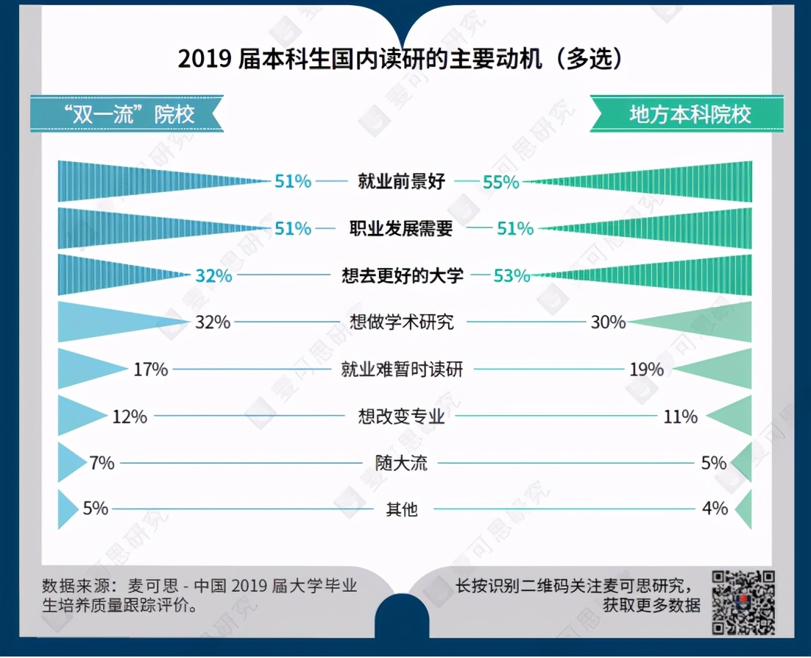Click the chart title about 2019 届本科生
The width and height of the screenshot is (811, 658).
[400, 60]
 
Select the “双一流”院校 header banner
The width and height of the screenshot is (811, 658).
[126, 115]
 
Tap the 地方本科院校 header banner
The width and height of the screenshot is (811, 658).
[689, 115]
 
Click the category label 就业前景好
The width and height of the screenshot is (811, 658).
[401, 181]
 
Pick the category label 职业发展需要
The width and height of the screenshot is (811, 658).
[401, 229]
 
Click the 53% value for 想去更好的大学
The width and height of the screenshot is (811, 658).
[511, 276]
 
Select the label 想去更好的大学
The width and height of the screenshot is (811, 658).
[403, 276]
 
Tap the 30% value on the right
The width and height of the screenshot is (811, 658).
[607, 322]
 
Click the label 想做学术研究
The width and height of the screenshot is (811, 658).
[402, 322]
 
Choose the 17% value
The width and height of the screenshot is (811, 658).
[150, 369]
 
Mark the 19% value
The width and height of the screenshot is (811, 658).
[646, 369]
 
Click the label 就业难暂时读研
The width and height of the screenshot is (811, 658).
[402, 369]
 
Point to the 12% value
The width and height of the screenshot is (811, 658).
[130, 417]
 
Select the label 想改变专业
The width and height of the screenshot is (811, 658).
[402, 417]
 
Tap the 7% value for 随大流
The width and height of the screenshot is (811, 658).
[102, 463]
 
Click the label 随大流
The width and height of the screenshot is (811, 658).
[401, 463]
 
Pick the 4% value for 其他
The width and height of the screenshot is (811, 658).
[715, 508]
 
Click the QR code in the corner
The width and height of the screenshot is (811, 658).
[743, 602]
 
